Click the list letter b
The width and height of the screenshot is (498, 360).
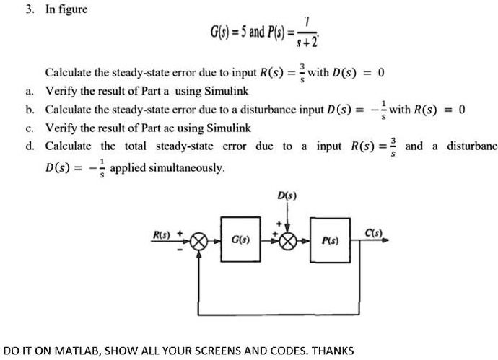tap(28, 110)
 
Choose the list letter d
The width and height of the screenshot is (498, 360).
tap(28, 146)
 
